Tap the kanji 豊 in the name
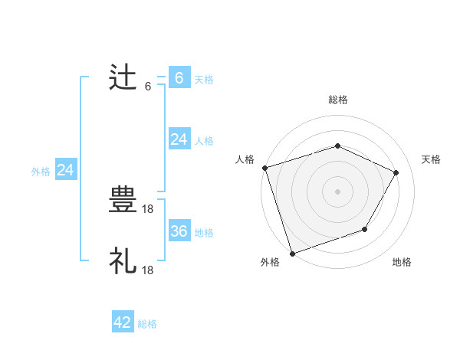[x=123, y=201]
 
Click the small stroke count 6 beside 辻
[x=147, y=86]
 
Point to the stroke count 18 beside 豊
[x=149, y=208]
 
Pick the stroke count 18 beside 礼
[x=149, y=270]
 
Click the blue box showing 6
[x=179, y=78]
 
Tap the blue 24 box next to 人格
[x=179, y=139]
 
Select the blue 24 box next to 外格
[x=66, y=171]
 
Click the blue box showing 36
[x=179, y=231]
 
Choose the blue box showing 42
[x=123, y=323]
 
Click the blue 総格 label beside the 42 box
[x=147, y=324]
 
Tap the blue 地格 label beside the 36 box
[x=204, y=232]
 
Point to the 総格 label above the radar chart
[x=338, y=100]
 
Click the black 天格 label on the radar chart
[x=431, y=159]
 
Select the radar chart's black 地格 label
[x=402, y=263]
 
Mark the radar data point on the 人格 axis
[x=264, y=168]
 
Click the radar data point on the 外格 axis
[x=292, y=253]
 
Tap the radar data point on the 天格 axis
[x=396, y=172]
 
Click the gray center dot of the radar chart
[x=338, y=191]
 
